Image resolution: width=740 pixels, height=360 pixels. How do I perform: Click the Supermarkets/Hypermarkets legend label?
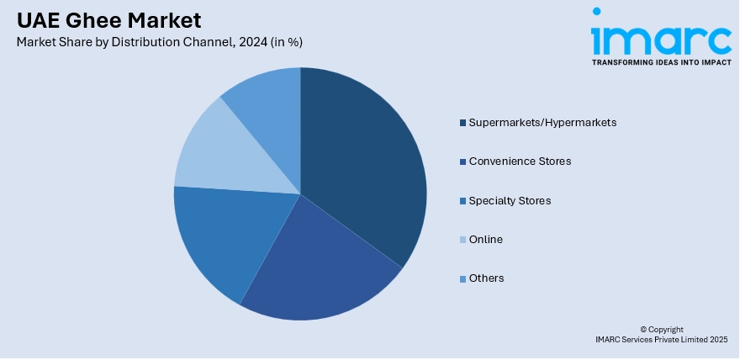coord(542,122)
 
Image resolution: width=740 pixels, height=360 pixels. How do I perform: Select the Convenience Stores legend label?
coord(520,161)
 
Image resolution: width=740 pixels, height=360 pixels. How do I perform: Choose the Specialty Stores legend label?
coord(510,200)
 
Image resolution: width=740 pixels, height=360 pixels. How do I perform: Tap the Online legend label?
coord(485,239)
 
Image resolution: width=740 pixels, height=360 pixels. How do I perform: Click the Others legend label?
coord(486,278)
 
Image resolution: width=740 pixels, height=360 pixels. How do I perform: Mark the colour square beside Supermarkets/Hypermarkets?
coord(462,123)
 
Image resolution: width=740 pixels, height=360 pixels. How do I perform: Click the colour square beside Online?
coord(462,240)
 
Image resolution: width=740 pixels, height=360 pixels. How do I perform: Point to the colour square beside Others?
coord(462,278)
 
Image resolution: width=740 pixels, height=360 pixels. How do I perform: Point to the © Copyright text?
coord(662,329)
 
